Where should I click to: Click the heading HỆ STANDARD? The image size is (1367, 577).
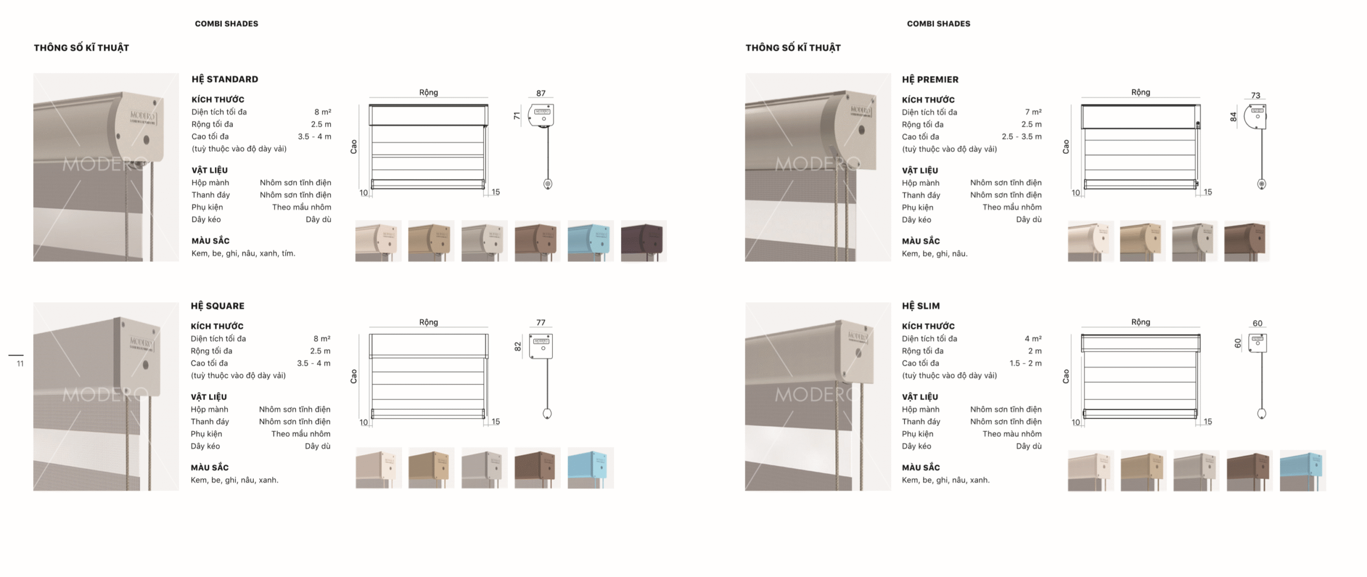(225, 79)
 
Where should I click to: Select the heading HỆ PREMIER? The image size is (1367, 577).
(930, 80)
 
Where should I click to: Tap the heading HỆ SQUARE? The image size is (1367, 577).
(217, 306)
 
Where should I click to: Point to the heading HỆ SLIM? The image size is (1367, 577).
(921, 306)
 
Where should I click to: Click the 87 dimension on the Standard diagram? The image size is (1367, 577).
(540, 93)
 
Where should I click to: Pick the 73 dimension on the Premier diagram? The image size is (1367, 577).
(1255, 96)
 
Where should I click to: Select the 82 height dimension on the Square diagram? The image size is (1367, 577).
(517, 346)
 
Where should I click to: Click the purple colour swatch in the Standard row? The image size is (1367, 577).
(643, 241)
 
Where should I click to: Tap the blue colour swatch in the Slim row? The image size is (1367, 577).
(1302, 470)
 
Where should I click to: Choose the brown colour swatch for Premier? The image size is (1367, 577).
(1246, 241)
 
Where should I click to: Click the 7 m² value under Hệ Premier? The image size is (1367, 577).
(1033, 112)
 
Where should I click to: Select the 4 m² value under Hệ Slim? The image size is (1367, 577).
(1033, 339)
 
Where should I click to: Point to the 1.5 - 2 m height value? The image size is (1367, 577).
(1025, 363)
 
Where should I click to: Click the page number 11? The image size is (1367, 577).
(20, 364)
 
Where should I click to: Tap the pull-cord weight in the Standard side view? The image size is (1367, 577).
(547, 184)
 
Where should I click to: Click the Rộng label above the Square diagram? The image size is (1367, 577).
(428, 322)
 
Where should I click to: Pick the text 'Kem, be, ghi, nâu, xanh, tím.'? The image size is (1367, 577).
(243, 253)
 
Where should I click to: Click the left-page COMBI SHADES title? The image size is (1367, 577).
(226, 24)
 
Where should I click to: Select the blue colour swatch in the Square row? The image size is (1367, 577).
(591, 467)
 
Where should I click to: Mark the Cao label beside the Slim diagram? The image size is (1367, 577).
(1066, 376)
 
